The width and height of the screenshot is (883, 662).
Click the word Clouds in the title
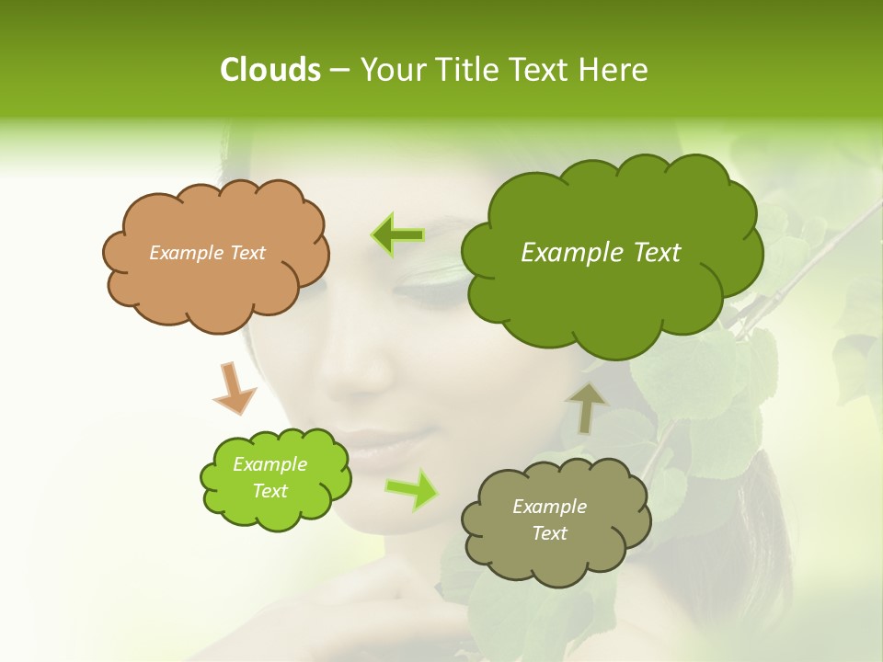point(269,70)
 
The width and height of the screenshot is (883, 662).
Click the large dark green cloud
point(612,294)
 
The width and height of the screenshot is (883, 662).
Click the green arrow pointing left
point(398,235)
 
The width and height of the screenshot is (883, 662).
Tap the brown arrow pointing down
point(234,388)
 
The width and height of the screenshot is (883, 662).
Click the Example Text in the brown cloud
point(207,252)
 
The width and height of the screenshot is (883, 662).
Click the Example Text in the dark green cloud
point(601,252)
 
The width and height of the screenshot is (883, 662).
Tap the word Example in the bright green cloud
point(269,464)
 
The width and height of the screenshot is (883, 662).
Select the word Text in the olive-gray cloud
point(549,533)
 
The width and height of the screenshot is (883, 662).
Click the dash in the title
point(339,71)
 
